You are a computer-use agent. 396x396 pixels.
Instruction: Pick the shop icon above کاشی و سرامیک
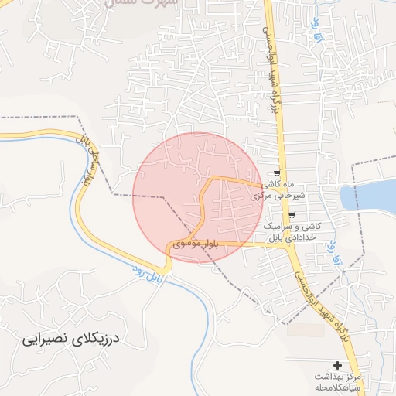click(x=291, y=215)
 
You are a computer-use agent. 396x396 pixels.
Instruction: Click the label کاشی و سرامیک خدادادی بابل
click(x=295, y=230)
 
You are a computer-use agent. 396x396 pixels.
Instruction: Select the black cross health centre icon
click(x=337, y=364)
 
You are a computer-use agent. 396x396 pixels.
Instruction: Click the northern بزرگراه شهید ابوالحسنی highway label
click(x=275, y=70)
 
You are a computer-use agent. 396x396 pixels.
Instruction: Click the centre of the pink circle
click(x=199, y=198)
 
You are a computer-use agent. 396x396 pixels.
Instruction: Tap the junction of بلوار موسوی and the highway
click(x=294, y=244)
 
